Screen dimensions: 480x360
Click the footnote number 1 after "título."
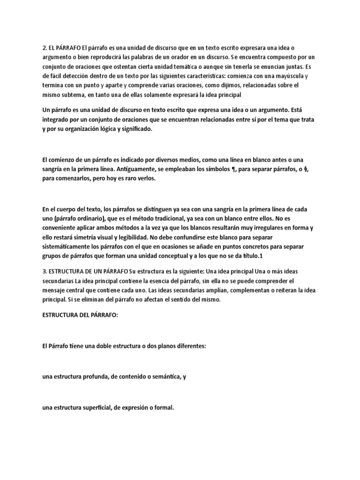260,255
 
